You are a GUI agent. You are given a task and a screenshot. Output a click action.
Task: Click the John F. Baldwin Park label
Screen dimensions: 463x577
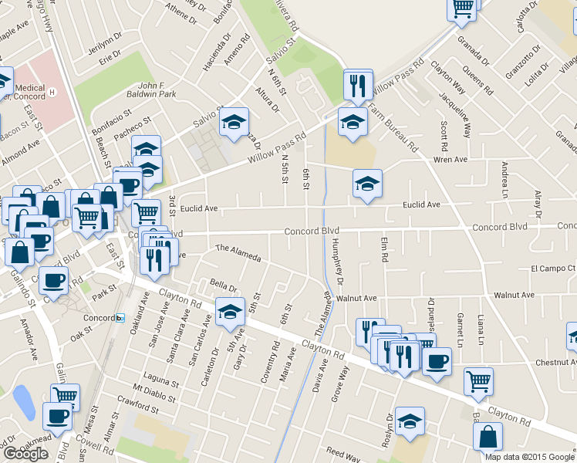tap(157, 90)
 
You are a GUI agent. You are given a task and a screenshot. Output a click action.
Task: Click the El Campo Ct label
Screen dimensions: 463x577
tap(553, 269)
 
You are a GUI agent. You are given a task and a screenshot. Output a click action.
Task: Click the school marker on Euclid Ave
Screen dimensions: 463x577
tap(367, 184)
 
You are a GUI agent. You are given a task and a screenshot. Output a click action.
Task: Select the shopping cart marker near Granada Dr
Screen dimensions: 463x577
tap(462, 8)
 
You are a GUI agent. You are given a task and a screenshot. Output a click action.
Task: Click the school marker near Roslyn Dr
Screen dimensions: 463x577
tap(410, 421)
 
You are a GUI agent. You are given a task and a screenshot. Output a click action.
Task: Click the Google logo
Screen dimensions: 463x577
tap(25, 453)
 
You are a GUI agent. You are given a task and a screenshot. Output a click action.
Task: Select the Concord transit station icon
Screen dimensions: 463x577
tap(120, 318)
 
